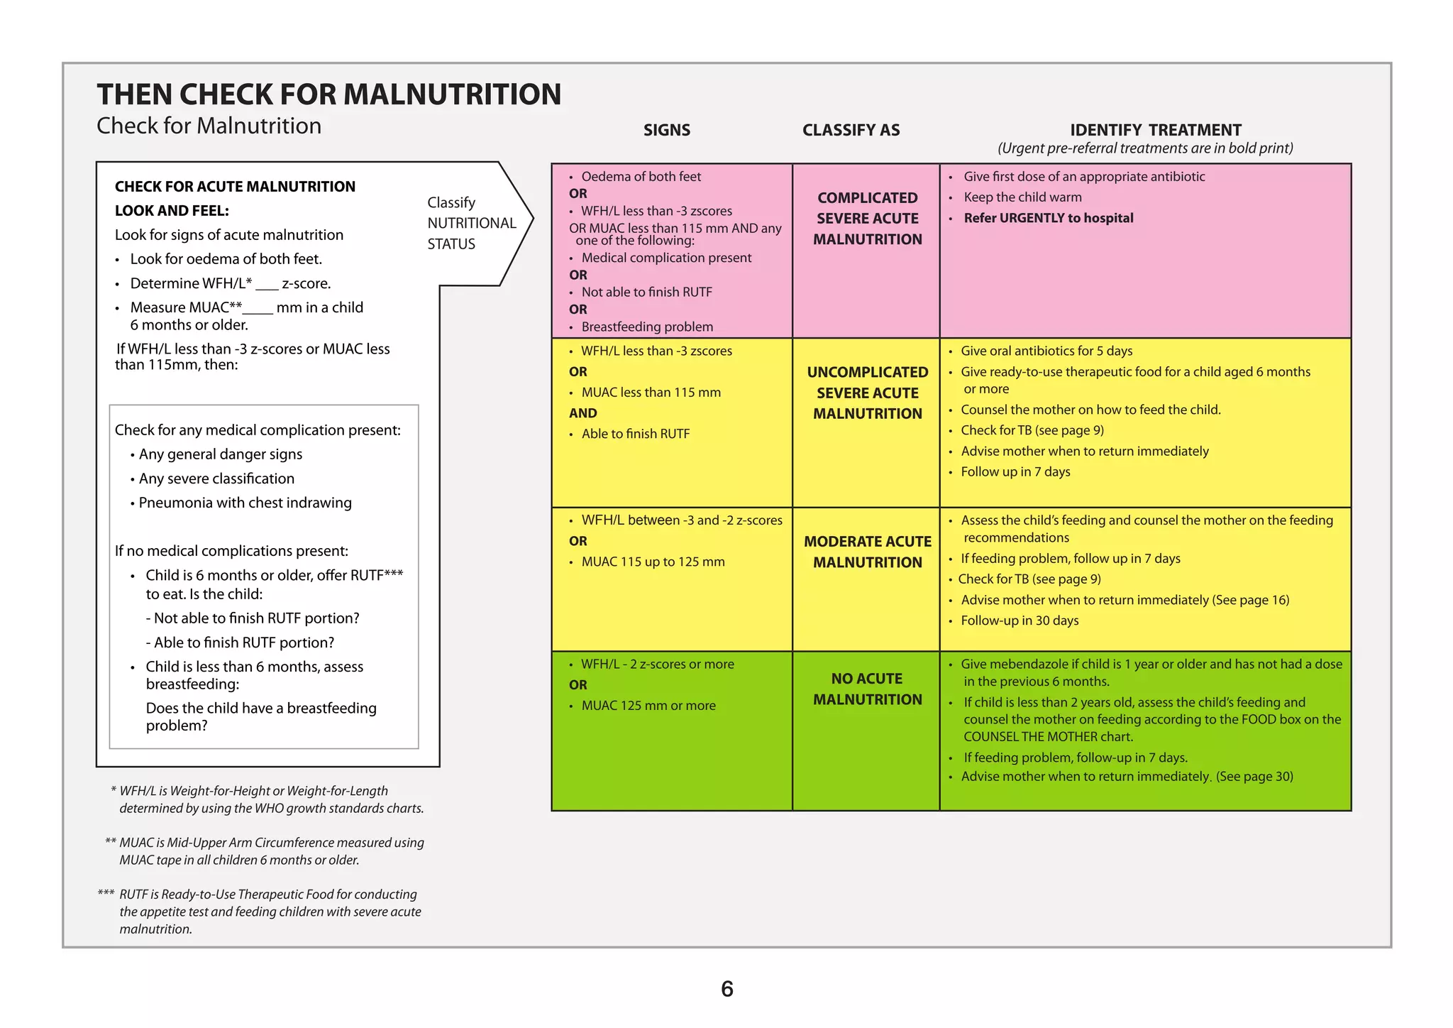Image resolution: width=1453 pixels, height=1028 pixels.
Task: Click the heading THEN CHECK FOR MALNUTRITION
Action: pos(328,94)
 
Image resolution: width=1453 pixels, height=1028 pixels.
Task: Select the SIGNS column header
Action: pos(666,130)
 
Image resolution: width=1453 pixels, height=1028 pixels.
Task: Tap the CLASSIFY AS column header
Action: pos(851,130)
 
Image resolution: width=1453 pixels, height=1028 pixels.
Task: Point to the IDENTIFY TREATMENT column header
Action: pos(1155,130)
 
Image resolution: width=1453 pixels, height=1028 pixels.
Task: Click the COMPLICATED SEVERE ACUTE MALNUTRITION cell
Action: pos(867,219)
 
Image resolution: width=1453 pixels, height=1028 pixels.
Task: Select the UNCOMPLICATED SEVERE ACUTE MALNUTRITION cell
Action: pos(867,393)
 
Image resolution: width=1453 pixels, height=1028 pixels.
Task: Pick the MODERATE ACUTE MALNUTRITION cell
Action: pos(867,552)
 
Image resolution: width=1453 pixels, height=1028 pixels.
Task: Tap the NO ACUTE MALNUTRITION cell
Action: pos(867,689)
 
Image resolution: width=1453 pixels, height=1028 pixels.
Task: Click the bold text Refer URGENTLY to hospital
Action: pos(1048,218)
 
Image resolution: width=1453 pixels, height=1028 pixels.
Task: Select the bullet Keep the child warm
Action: pos(1022,197)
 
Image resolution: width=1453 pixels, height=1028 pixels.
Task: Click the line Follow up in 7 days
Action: pos(1015,472)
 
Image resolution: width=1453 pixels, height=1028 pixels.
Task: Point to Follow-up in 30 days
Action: pos(1019,620)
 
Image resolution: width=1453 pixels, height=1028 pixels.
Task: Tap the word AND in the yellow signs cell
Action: pos(582,413)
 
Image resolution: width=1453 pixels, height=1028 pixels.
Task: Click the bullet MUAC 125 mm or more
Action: pos(648,706)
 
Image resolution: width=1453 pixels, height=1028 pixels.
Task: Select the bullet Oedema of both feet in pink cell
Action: pos(641,177)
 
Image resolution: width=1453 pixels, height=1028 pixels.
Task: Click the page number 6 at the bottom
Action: pos(726,989)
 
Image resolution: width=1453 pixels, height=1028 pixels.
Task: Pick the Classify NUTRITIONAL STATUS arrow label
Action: pos(471,223)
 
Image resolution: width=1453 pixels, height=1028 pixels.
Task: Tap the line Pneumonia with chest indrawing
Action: pos(245,503)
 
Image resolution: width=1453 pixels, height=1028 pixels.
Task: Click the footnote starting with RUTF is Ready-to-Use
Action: pos(270,912)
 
